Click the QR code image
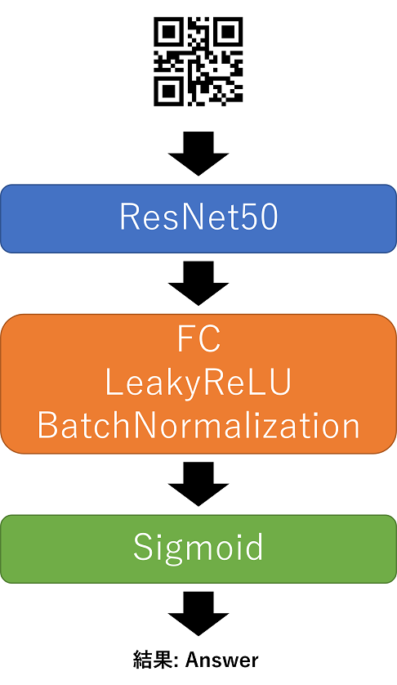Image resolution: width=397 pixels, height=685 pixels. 198,61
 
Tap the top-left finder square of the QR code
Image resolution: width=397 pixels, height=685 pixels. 167,30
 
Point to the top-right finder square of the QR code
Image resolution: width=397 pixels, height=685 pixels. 230,30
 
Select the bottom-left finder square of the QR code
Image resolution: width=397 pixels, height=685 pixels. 167,93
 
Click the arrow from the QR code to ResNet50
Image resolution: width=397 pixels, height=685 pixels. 198,154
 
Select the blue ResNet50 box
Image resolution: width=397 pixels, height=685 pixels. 198,218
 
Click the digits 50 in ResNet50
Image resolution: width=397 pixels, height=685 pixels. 263,217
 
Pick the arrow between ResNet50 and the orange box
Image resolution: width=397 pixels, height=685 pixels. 198,283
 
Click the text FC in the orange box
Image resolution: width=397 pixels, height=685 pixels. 198,339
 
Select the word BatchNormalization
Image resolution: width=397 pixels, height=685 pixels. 198,426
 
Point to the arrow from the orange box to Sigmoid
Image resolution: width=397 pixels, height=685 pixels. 198,484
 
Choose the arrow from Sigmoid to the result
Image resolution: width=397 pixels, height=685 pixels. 198,614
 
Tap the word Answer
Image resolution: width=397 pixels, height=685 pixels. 222,660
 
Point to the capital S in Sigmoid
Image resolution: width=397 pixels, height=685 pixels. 143,547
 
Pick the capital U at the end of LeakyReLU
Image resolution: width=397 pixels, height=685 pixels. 281,383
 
